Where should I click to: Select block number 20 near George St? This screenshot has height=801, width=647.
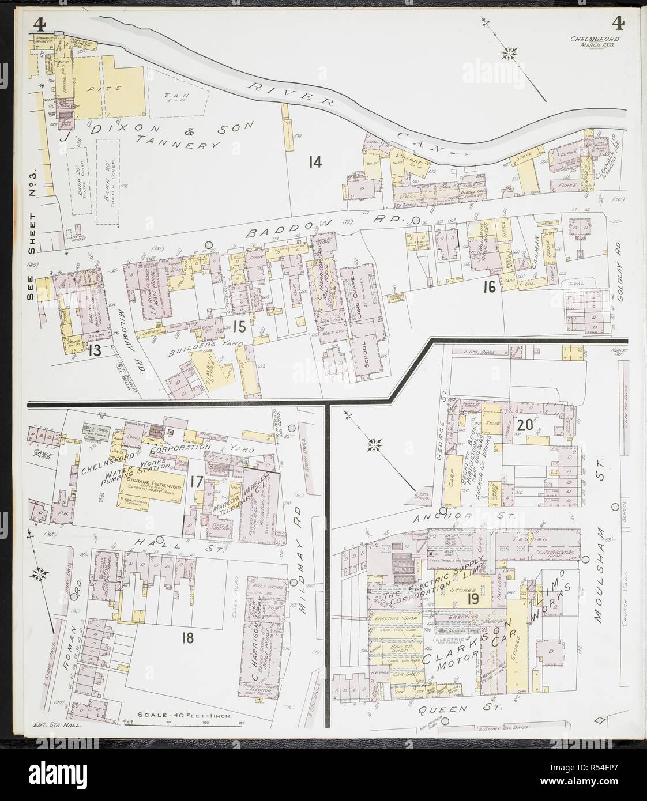[524, 425]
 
